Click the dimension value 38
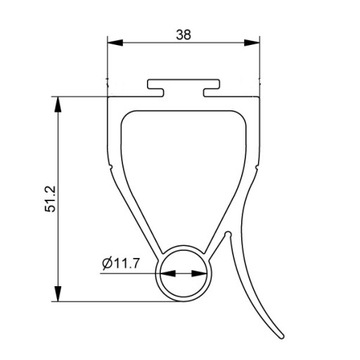point(183,34)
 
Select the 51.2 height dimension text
point(52,199)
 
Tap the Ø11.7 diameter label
point(121,264)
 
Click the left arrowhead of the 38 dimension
point(115,43)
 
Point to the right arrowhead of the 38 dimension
point(252,43)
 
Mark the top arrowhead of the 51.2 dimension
point(58,105)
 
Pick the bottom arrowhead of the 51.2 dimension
point(58,293)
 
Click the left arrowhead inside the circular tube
point(168,273)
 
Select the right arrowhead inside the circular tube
point(199,273)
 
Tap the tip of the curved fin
point(282,336)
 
